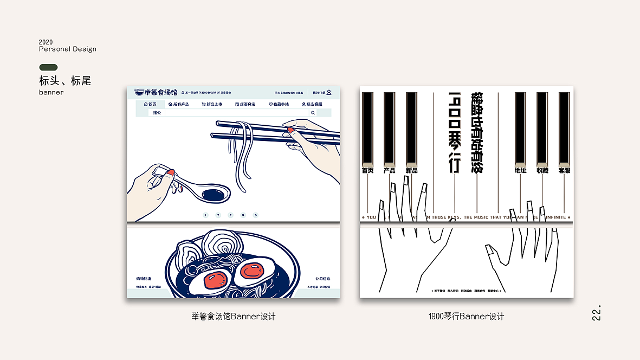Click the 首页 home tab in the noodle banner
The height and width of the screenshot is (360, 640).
click(150, 104)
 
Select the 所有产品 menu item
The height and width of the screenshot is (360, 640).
click(178, 104)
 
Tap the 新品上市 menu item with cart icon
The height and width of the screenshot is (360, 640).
click(212, 104)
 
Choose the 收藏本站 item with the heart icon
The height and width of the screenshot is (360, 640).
click(279, 104)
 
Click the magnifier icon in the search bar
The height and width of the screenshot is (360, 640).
click(313, 113)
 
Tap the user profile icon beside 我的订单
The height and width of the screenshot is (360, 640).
click(329, 93)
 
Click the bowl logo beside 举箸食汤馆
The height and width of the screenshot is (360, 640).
click(139, 93)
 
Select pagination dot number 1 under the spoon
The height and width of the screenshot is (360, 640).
click(205, 215)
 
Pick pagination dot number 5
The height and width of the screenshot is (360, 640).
click(256, 215)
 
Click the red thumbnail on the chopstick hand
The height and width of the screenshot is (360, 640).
click(291, 131)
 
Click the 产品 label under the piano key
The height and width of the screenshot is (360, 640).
click(389, 170)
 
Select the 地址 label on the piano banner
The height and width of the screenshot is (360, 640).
click(520, 170)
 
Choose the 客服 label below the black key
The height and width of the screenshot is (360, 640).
click(564, 170)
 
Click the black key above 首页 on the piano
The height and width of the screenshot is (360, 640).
click(367, 127)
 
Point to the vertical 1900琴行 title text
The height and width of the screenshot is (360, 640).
click(454, 132)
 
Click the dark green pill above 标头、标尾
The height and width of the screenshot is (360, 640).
click(48, 67)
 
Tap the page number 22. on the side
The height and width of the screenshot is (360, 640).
click(596, 314)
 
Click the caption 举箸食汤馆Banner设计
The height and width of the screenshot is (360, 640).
click(234, 316)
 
